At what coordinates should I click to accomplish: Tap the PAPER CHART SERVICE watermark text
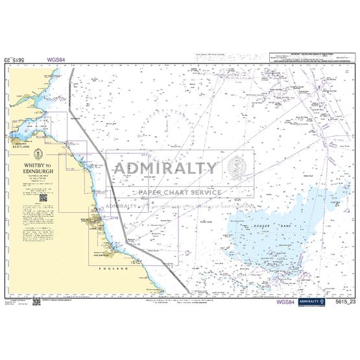pyautogui.click(x=179, y=192)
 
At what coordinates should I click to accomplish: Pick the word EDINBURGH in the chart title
pyautogui.click(x=37, y=171)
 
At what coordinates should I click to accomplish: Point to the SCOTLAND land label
pyautogui.click(x=26, y=147)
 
